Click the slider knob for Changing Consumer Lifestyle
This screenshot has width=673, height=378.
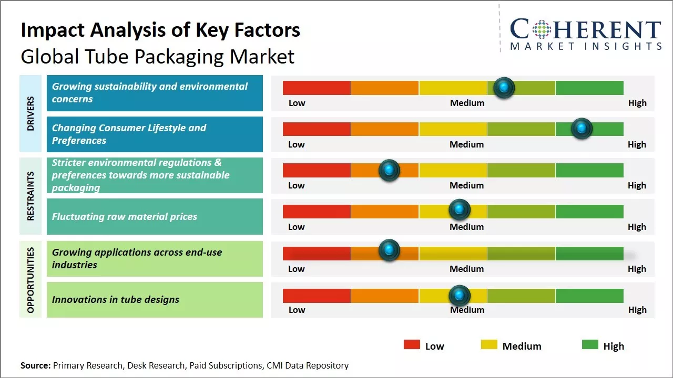tap(582, 129)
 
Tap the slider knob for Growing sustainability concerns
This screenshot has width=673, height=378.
tap(504, 88)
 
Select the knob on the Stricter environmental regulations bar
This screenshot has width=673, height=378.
tap(389, 170)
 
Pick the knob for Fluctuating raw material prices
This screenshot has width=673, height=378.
tap(460, 210)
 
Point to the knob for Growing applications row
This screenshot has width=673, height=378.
tap(389, 250)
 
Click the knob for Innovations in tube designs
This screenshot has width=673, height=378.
tap(460, 296)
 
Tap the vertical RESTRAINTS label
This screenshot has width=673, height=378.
tap(30, 196)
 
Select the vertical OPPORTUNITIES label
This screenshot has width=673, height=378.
tap(30, 280)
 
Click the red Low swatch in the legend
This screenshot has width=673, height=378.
tap(412, 345)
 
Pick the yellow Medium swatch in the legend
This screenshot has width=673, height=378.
tap(489, 345)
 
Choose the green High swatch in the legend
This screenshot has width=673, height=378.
tap(590, 345)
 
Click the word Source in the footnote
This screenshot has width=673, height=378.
tap(35, 365)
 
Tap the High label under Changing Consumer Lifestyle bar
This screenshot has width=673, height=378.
tap(637, 144)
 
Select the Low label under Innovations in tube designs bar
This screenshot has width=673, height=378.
tap(297, 310)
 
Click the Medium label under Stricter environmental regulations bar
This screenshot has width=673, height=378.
tap(467, 185)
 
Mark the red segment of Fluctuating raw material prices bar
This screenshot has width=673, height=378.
tap(317, 211)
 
